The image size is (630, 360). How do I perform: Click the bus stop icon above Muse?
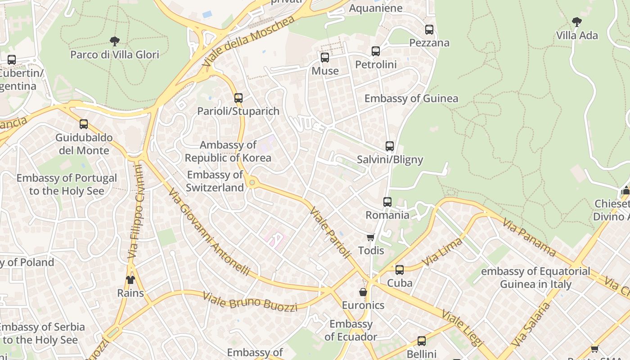coord(325,58)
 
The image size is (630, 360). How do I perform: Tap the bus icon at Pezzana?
coord(429,30)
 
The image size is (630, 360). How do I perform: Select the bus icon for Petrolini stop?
coord(376,51)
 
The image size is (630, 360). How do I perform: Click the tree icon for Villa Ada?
coord(576,22)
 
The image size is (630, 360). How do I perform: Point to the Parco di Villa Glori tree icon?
coord(115,41)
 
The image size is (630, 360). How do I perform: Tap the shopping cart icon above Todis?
coord(370,237)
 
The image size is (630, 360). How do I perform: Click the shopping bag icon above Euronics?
coord(363,292)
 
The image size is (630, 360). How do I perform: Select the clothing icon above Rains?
coord(130,280)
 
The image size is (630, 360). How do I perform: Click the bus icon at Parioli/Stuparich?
coord(238,98)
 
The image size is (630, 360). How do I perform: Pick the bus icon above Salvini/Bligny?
coord(390,146)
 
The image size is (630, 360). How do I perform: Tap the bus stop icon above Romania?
coord(387,202)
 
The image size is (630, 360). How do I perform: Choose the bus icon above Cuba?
coord(400,270)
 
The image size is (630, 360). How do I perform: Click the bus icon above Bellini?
coord(422,341)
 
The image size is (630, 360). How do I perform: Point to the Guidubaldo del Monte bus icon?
coord(84,124)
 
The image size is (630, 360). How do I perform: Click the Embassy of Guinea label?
coord(411,99)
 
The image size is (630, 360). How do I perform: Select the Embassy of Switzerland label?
coord(215,181)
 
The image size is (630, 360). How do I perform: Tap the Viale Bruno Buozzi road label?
coord(250,302)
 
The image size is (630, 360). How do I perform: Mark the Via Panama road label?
coord(530,237)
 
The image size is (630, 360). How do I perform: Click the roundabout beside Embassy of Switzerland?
coord(252,182)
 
